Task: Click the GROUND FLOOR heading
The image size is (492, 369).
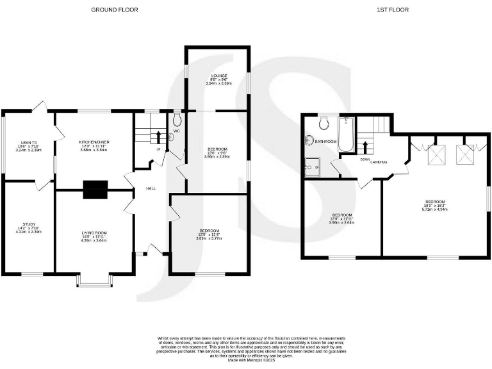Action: point(114,10)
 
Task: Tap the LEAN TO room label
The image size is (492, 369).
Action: point(29,142)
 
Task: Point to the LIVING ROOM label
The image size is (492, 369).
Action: point(94,233)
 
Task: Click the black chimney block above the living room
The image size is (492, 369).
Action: point(95,189)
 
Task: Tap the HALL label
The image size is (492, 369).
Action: point(151,188)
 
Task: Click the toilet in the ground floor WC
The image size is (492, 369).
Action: point(177,119)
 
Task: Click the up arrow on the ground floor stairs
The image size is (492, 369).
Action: point(158,136)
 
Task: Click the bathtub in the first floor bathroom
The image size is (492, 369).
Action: point(346,135)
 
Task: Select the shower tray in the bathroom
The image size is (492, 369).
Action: point(313,165)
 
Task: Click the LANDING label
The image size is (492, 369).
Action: point(379,162)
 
